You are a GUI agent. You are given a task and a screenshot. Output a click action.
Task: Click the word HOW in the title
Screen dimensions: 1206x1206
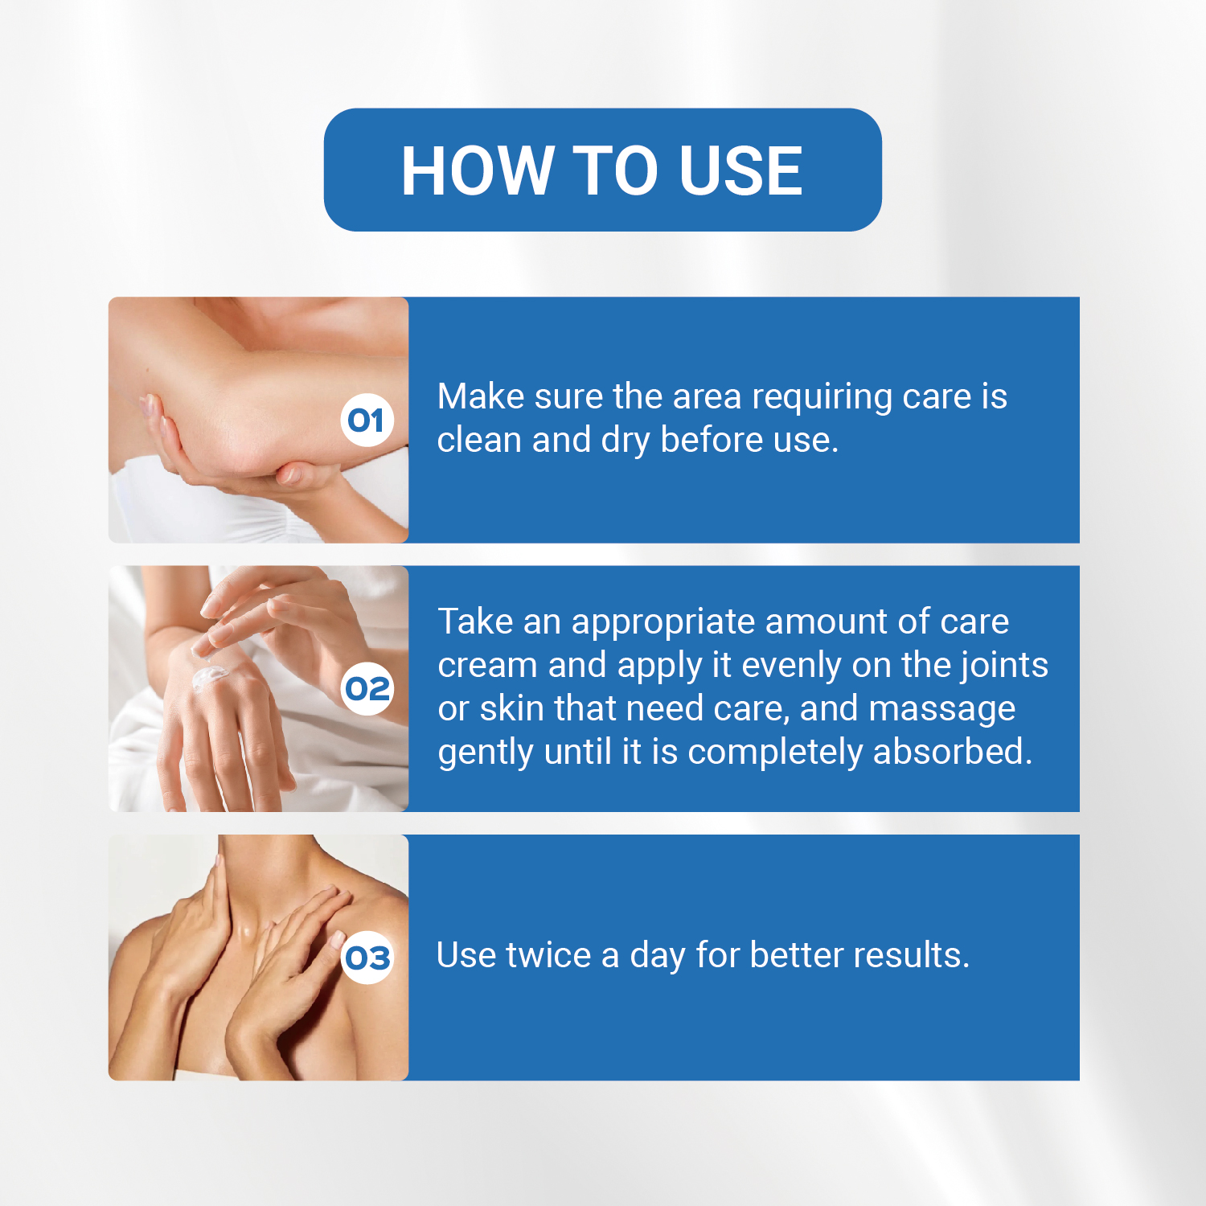475,170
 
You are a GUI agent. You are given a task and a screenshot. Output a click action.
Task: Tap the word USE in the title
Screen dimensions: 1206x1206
740,170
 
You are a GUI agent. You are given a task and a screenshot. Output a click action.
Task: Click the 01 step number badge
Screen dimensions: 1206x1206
367,420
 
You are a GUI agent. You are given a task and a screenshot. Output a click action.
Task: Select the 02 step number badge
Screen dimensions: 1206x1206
367,689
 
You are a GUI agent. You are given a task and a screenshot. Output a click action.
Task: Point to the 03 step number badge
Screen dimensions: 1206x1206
367,958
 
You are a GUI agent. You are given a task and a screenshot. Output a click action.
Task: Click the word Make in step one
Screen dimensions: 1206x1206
481,396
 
